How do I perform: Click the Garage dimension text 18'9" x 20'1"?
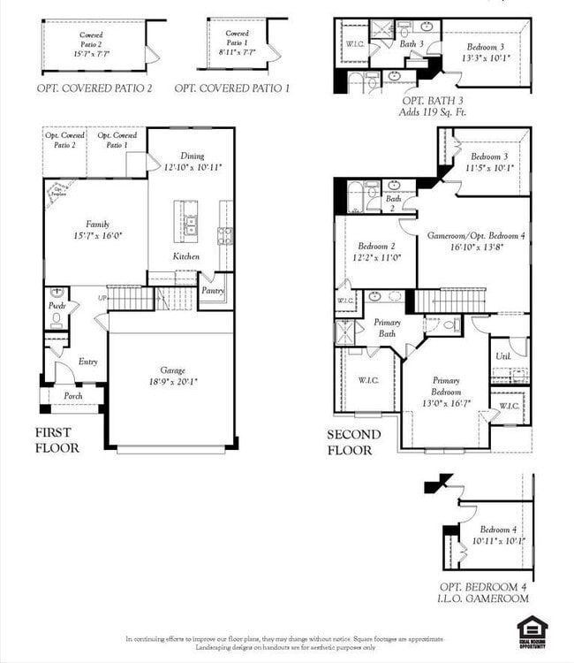coord(172,382)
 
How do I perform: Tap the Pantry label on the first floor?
coord(213,290)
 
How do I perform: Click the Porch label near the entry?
coord(72,396)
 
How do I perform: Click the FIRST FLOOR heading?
coord(57,440)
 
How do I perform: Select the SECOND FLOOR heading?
coord(354,442)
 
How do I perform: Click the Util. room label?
coord(503,355)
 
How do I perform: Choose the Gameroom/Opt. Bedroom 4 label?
coord(475,236)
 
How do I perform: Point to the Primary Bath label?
coord(387,328)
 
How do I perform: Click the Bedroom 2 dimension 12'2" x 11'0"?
coord(379,257)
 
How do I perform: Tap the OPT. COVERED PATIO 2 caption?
coord(94,88)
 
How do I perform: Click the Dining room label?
coord(192,156)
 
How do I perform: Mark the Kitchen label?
coord(186,256)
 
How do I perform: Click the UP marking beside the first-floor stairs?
coord(102,298)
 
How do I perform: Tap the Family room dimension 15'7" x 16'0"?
coord(97,236)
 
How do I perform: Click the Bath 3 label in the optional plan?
coord(412,43)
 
